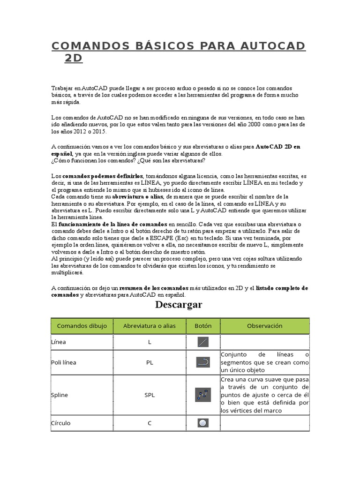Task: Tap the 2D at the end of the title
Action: [x=74, y=58]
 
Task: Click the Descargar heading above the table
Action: [x=179, y=305]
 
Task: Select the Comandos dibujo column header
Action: [x=82, y=326]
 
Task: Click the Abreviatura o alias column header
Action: [x=150, y=326]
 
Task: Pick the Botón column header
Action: [x=203, y=326]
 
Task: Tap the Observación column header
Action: [x=265, y=326]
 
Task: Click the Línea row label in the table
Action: [x=59, y=342]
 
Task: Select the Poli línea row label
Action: [x=64, y=362]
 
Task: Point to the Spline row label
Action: [x=60, y=395]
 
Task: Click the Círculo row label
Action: [x=61, y=423]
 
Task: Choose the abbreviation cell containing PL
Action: [x=150, y=362]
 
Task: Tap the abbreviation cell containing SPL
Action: [x=150, y=395]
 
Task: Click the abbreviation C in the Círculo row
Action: [x=150, y=423]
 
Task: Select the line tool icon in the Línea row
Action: [x=203, y=342]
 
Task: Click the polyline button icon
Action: [x=203, y=362]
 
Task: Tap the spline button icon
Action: [x=203, y=395]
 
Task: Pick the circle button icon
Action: [x=203, y=423]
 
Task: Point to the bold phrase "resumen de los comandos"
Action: [x=154, y=288]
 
